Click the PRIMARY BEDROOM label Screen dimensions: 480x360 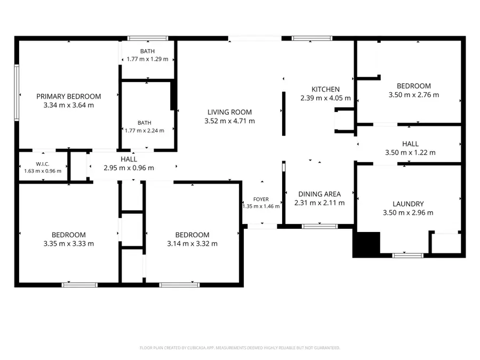(69, 97)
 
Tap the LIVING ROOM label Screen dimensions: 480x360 (229, 113)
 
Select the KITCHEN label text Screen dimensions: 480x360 (325, 90)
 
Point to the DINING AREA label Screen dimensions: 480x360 (319, 194)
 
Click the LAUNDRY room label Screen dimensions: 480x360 (408, 204)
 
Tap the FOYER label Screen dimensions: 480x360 (261, 199)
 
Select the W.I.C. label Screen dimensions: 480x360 (43, 164)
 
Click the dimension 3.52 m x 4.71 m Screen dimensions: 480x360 (229, 121)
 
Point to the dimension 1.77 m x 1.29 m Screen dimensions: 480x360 (148, 59)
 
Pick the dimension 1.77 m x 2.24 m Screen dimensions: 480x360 (145, 131)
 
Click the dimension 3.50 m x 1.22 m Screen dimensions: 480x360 (410, 153)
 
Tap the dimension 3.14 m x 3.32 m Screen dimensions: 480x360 (192, 244)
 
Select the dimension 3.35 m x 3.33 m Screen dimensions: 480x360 (69, 244)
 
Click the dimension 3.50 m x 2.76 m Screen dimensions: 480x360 (414, 95)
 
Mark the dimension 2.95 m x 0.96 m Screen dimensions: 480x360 (129, 168)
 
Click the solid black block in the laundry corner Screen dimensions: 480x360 (366, 245)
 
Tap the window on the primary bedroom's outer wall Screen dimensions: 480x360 (17, 92)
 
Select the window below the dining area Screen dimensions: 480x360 (319, 227)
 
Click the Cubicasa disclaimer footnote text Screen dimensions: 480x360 (239, 348)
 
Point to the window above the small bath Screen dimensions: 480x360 (148, 38)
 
